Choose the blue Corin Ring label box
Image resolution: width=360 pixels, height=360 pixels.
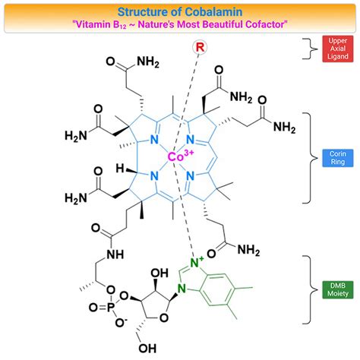(336, 158)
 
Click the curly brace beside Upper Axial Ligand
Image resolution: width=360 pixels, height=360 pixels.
(308, 49)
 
